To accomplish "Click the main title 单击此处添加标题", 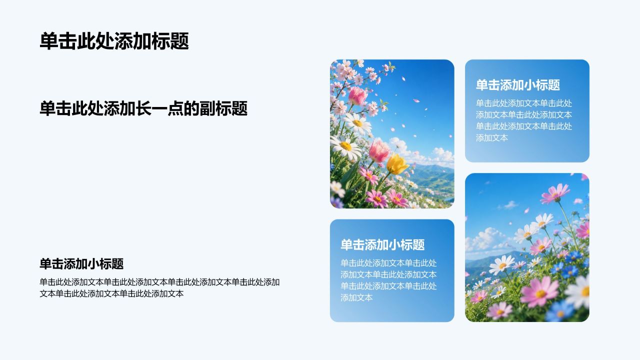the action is coord(114,41).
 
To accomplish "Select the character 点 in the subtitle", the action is coord(175,108).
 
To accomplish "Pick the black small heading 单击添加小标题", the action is coord(81,263).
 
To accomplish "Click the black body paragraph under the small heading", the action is coord(159,287).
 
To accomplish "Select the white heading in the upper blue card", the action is coord(517,85).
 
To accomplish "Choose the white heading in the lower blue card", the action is coord(382,245).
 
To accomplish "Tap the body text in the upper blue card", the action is coord(524,120).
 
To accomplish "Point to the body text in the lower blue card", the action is coord(388,280).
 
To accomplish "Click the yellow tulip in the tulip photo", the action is coord(397,164).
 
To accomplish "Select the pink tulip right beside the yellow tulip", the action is coord(379,151).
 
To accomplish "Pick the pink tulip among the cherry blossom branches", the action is coord(357,95).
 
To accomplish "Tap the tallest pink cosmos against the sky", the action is coord(555,193).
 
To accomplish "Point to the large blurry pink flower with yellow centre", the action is coord(539,291).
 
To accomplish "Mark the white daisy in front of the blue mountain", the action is coord(502,265).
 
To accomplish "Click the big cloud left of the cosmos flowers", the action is coord(485,238).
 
